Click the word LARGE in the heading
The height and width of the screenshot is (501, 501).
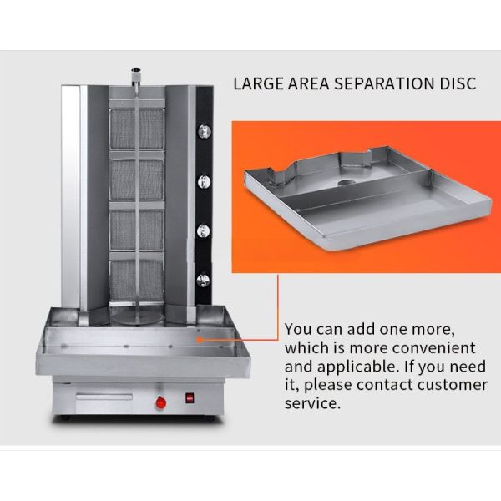(258, 83)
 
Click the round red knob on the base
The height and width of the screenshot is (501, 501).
(161, 402)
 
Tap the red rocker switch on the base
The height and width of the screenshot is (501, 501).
(190, 397)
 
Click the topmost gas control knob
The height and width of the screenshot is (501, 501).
(205, 131)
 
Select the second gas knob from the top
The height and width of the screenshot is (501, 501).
(205, 182)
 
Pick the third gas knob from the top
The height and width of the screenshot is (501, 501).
(204, 230)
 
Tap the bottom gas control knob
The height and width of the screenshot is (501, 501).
(203, 281)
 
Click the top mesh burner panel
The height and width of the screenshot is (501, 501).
(137, 129)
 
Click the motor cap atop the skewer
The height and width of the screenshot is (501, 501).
(136, 75)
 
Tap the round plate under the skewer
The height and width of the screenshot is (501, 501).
(138, 318)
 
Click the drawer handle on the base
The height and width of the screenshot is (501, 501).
(104, 397)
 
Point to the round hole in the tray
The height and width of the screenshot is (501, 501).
(344, 183)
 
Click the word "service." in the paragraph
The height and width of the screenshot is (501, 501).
(312, 403)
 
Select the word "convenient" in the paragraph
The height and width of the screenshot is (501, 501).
(433, 347)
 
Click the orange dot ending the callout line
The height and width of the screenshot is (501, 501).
(199, 340)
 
